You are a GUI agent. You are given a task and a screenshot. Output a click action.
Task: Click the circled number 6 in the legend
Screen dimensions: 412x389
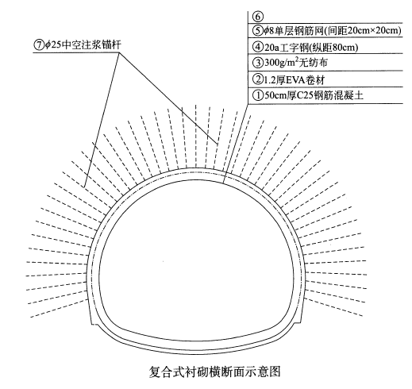tap(257, 17)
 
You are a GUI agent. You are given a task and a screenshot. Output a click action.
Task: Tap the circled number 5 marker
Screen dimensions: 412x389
tap(257, 31)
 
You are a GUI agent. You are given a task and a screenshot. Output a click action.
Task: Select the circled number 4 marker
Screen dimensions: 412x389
tap(257, 48)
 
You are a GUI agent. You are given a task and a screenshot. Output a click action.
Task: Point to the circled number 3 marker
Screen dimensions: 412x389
tap(257, 63)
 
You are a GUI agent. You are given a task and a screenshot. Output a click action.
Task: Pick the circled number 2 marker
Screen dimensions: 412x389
tap(257, 79)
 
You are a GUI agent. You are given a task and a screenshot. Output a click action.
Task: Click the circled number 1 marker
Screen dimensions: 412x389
tap(257, 95)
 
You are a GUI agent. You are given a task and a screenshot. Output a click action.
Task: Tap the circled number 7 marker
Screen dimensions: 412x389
tap(38, 44)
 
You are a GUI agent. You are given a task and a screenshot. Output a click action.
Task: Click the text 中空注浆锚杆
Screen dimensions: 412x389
tap(91, 44)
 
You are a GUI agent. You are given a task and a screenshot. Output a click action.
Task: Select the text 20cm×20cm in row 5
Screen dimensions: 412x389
tap(370, 31)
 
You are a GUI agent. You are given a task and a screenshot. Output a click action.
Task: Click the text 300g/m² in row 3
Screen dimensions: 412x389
tap(283, 63)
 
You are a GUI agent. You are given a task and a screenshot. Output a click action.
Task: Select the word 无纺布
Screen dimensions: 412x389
tap(315, 63)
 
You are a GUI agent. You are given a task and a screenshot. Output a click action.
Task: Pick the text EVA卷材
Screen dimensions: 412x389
tap(305, 79)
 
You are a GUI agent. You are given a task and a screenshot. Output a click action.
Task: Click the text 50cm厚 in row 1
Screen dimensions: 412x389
tap(279, 95)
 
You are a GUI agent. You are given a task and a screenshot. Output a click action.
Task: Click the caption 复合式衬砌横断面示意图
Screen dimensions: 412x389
tap(214, 372)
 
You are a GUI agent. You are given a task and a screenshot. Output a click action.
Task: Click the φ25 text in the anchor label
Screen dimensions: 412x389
tap(52, 44)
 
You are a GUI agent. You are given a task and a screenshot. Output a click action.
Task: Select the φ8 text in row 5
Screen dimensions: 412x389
tap(269, 31)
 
